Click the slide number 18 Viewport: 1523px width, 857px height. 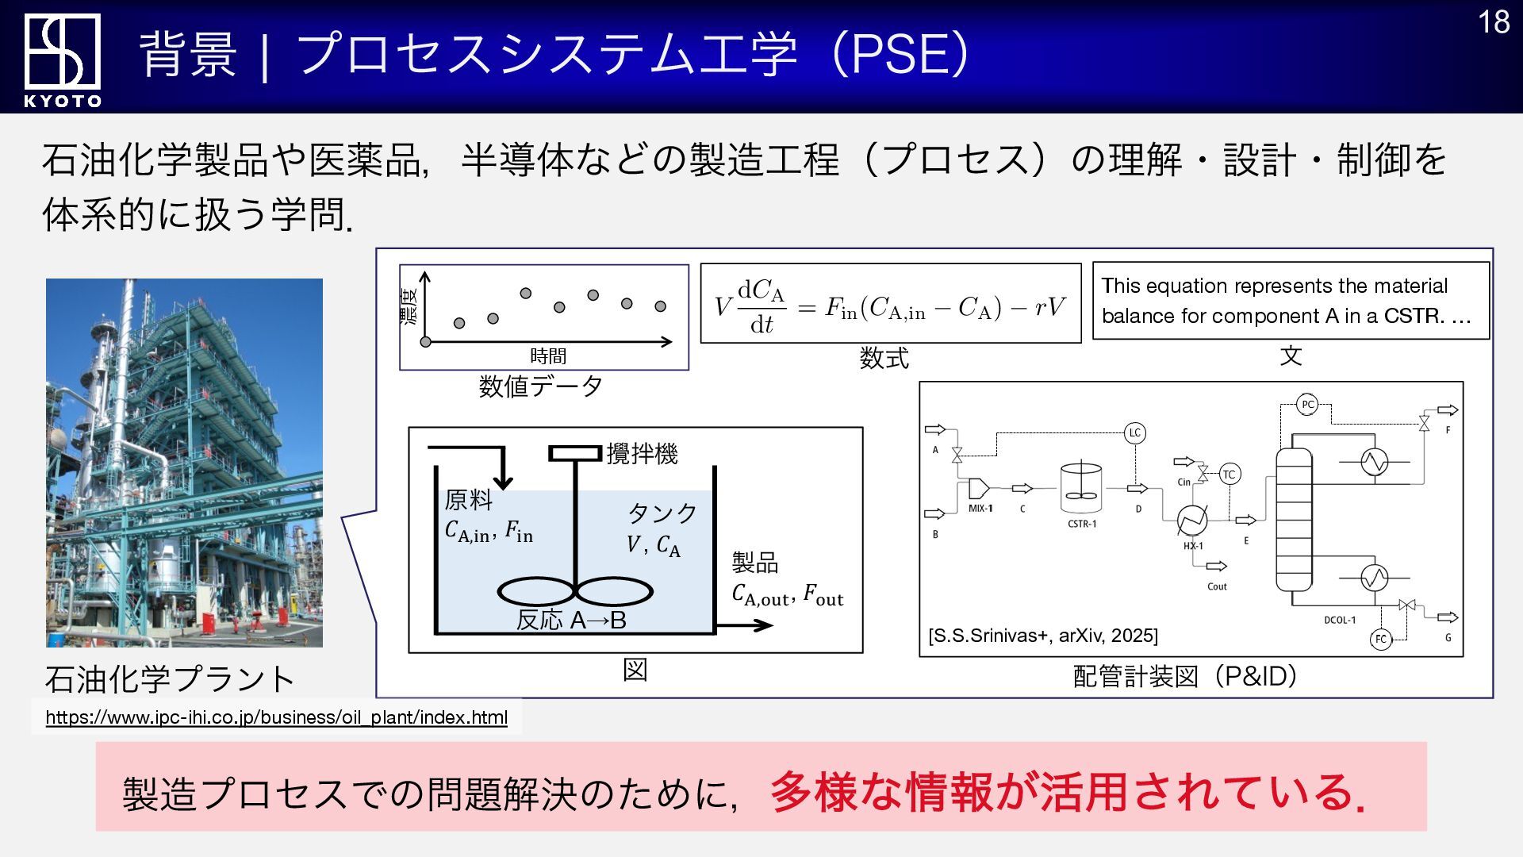(x=1494, y=22)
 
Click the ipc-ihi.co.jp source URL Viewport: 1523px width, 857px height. (x=276, y=717)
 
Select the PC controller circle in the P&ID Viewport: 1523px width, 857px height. (x=1307, y=405)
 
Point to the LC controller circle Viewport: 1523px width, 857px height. (x=1134, y=432)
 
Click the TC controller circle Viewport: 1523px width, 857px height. (x=1229, y=475)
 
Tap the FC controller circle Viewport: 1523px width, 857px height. (x=1381, y=639)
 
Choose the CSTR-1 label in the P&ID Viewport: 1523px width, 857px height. (x=1082, y=524)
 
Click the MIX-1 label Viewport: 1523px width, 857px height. (x=980, y=508)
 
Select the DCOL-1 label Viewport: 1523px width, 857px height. (x=1340, y=620)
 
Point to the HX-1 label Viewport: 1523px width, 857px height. (x=1193, y=546)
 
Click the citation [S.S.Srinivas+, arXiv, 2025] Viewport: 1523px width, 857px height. (x=1042, y=636)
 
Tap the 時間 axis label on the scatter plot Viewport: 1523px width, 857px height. (x=548, y=355)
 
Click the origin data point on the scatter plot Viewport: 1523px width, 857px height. (x=425, y=341)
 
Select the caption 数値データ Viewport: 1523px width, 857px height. (x=541, y=386)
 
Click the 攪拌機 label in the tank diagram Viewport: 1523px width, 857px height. (x=642, y=454)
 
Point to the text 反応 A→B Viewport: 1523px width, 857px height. (x=571, y=620)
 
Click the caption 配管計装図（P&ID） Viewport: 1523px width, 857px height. (x=1185, y=676)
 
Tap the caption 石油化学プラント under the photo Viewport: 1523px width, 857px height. (x=170, y=678)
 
